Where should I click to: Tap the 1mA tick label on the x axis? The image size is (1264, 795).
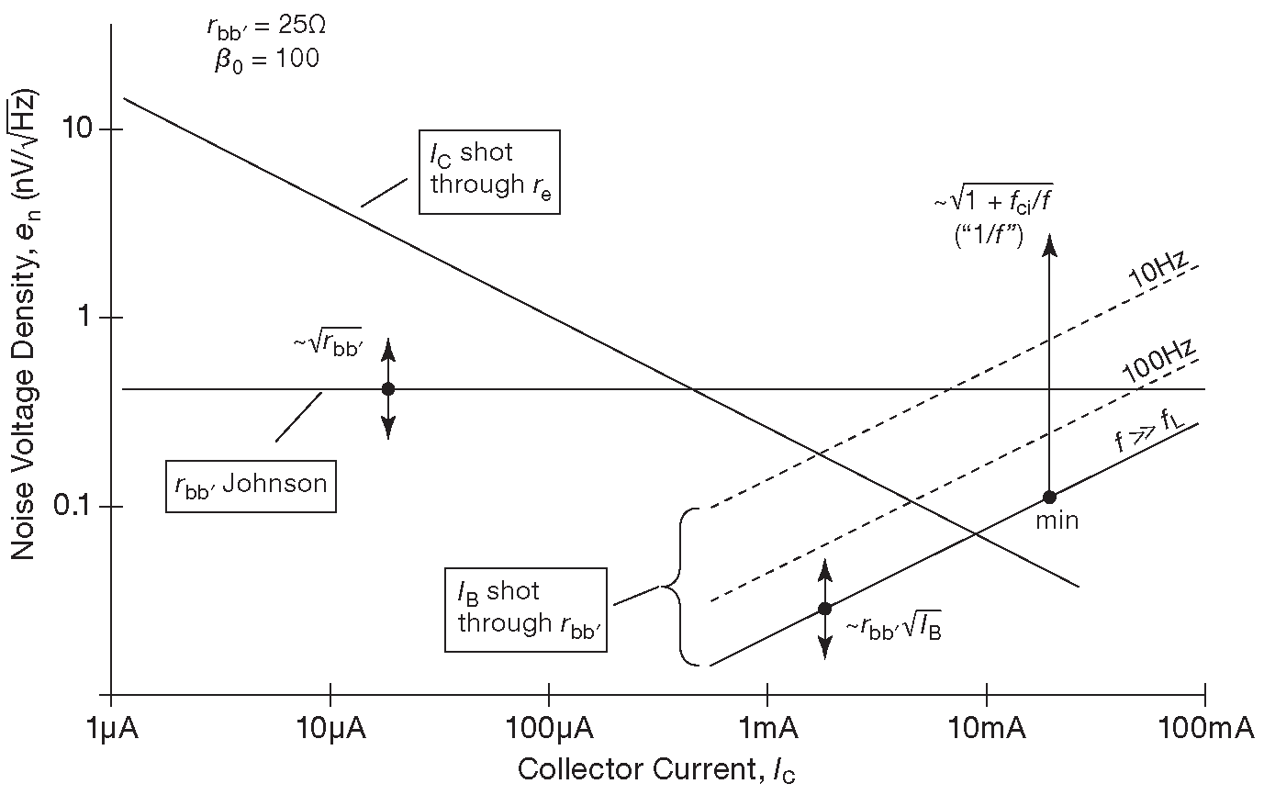click(x=767, y=729)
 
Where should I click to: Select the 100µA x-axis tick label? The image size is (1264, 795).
click(x=549, y=729)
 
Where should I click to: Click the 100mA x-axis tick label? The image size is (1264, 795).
click(x=1204, y=729)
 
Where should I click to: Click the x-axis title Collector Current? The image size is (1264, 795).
click(x=656, y=769)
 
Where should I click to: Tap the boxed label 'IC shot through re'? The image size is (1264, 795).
click(x=489, y=172)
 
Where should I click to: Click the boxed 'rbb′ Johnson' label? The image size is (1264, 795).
click(x=252, y=483)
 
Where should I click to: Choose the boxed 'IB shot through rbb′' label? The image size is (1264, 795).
click(x=526, y=609)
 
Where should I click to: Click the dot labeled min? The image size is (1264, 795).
click(x=1049, y=498)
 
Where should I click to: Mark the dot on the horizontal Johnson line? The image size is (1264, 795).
click(x=387, y=389)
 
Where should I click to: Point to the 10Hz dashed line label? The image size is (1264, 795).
click(x=1158, y=273)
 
